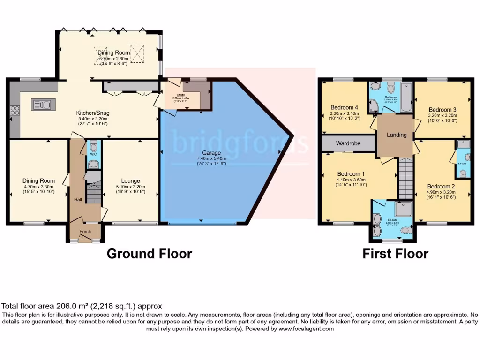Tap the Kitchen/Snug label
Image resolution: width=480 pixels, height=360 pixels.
pos(93,113)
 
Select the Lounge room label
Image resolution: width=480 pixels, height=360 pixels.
pos(130,180)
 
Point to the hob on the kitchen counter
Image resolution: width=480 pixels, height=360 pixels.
pos(15,111)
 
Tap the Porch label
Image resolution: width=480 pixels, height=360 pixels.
pos(85,231)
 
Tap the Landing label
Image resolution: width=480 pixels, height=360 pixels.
pos(396,135)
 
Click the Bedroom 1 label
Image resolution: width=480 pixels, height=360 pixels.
pos(348,173)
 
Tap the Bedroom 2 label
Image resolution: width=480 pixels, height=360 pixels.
pos(441,186)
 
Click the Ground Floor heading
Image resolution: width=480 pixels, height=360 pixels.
pos(149,254)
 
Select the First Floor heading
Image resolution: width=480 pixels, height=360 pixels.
pos(395,254)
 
